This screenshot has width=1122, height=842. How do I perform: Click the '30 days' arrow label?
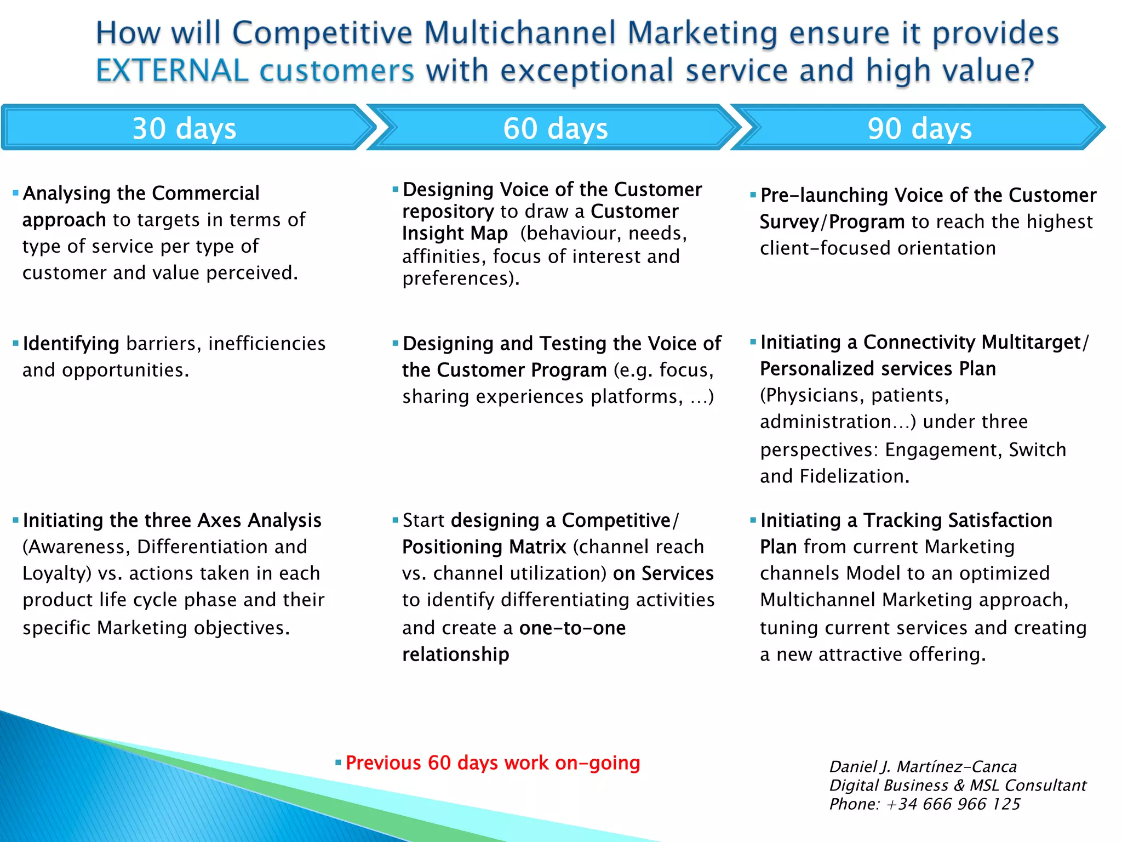click(x=184, y=129)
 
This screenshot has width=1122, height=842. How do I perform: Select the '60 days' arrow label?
click(x=555, y=129)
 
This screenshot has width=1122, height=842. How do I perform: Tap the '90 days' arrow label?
click(x=919, y=129)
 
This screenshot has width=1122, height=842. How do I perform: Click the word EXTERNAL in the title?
click(x=172, y=71)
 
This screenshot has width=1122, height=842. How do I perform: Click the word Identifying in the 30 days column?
click(x=71, y=344)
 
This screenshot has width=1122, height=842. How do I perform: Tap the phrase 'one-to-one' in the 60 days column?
click(x=572, y=628)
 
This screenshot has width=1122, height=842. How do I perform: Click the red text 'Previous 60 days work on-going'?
click(x=493, y=763)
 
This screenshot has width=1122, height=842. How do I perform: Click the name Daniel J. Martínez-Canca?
click(x=923, y=766)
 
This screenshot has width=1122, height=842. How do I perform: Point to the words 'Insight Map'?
click(x=455, y=234)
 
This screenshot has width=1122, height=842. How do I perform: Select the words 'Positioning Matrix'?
click(x=484, y=547)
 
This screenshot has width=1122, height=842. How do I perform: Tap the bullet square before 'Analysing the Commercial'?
click(x=16, y=193)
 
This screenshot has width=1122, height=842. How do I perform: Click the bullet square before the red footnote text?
click(x=339, y=763)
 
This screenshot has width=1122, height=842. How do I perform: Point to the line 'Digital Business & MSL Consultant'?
click(x=957, y=786)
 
